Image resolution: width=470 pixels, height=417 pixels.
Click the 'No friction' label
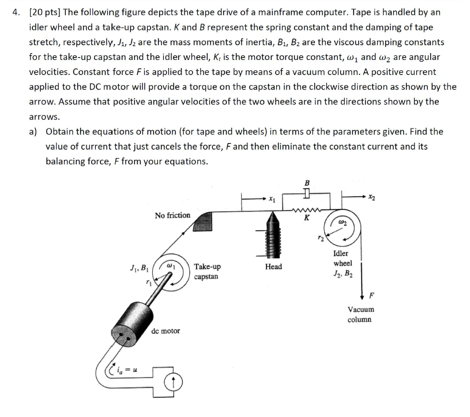point(172,215)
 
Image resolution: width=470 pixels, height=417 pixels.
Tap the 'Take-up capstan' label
point(207,272)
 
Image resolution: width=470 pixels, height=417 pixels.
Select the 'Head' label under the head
point(273,266)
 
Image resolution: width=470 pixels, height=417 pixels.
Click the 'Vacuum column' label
point(360,314)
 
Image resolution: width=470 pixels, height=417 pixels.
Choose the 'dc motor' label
point(166,331)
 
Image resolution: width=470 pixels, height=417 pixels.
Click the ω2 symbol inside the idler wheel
point(343,221)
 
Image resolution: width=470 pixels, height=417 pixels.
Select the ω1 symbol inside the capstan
point(171,266)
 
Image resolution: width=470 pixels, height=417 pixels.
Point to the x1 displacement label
point(272,199)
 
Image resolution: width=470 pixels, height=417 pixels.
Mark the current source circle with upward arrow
point(175,381)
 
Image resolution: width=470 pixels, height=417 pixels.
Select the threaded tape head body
point(273,238)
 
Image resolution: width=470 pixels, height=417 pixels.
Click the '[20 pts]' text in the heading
point(46,12)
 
